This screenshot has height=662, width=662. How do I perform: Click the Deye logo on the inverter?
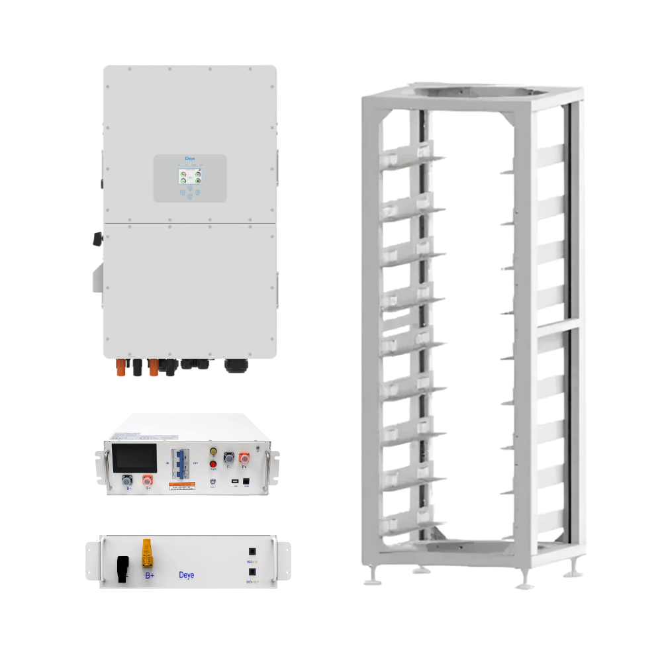point(190,160)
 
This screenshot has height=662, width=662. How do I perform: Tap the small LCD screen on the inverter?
point(183,177)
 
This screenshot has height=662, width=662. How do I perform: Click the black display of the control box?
point(134,457)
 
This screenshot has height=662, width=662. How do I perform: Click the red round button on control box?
point(213,464)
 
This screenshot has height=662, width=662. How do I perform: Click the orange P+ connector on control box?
point(244,458)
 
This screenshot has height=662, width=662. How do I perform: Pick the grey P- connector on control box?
point(229,458)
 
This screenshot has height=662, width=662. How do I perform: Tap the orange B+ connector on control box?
point(148,481)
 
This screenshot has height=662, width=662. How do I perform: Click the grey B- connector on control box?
point(127,481)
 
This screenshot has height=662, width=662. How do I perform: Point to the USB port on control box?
point(234,481)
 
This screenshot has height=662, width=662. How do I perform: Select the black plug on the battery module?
point(122,568)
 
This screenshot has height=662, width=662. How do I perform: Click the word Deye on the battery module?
point(187,575)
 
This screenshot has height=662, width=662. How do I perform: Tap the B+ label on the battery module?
point(150,575)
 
